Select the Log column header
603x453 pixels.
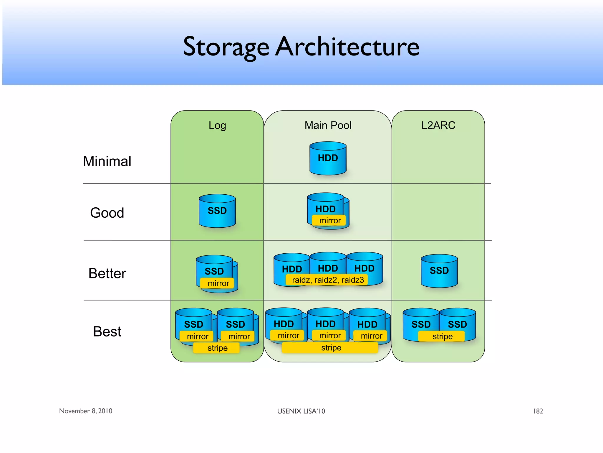pyautogui.click(x=217, y=125)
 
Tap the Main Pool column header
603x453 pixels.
pyautogui.click(x=328, y=125)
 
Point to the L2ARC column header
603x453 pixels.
pyautogui.click(x=438, y=125)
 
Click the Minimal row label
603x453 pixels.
pyautogui.click(x=107, y=161)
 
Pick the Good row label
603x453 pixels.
pyautogui.click(x=107, y=213)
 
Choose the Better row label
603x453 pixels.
pyautogui.click(x=107, y=273)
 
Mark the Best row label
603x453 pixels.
pyautogui.click(x=107, y=331)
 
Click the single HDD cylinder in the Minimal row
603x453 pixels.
pyautogui.click(x=328, y=159)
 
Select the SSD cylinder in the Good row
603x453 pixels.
pyautogui.click(x=217, y=211)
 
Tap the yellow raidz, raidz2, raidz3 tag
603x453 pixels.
pyautogui.click(x=328, y=280)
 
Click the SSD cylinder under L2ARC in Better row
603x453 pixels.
pyautogui.click(x=439, y=271)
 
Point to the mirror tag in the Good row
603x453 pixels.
pyautogui.click(x=329, y=221)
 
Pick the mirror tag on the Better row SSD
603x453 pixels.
pyautogui.click(x=218, y=283)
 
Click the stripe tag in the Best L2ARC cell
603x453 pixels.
pyautogui.click(x=442, y=337)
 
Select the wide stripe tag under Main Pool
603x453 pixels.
pyautogui.click(x=331, y=348)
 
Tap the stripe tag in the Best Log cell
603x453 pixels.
pyautogui.click(x=217, y=348)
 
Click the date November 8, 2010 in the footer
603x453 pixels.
pyautogui.click(x=86, y=411)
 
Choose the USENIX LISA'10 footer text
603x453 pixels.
pyautogui.click(x=301, y=411)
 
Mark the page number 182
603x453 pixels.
pyautogui.click(x=538, y=411)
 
